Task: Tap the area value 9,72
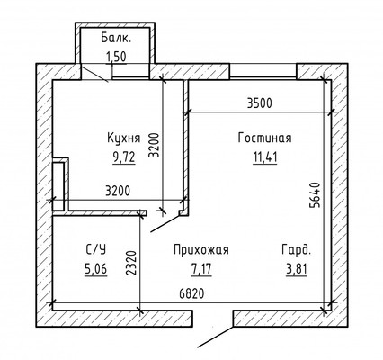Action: point(122,156)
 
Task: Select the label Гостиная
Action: point(264,139)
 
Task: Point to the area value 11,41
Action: point(264,156)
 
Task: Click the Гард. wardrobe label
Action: point(298,250)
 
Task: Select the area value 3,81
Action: point(298,267)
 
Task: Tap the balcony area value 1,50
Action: point(115,57)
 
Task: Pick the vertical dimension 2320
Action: point(132,261)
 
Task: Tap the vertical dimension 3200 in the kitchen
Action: point(154,144)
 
